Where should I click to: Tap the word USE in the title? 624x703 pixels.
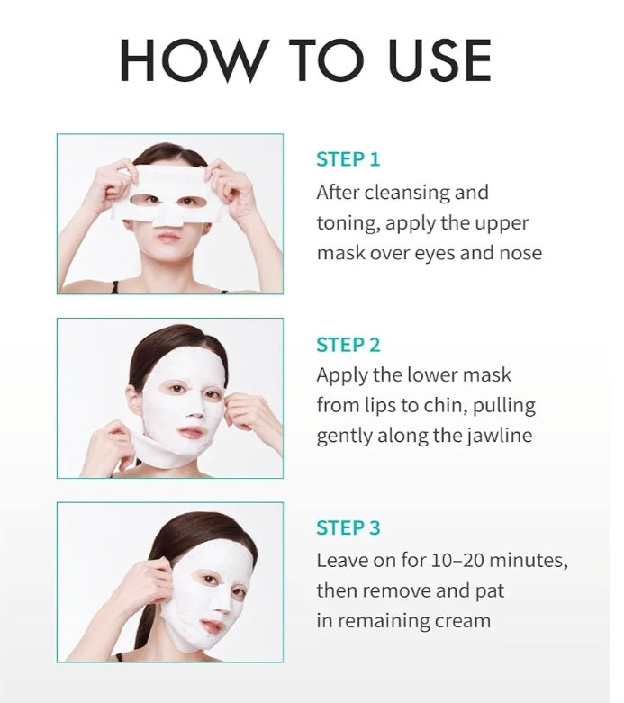439,60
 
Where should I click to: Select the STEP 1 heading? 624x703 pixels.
348,159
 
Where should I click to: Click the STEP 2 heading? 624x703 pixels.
348,345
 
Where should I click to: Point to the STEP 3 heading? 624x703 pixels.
348,527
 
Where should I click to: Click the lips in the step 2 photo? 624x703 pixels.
191,433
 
